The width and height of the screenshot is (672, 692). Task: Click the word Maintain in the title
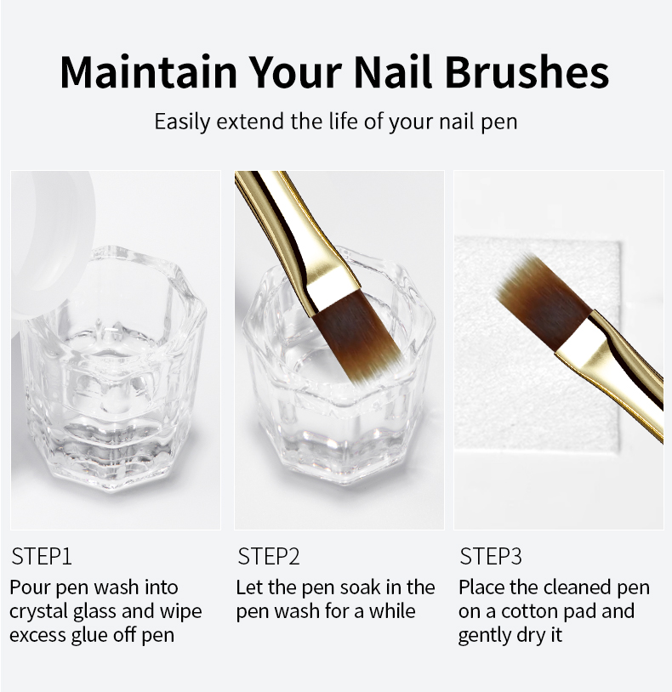(x=149, y=72)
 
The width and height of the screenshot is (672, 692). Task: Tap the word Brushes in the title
(x=527, y=72)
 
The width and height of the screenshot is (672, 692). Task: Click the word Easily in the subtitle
(x=182, y=122)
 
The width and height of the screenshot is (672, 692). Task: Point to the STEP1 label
(x=42, y=556)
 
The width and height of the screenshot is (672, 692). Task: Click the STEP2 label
(x=269, y=556)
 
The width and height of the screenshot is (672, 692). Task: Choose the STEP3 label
(x=491, y=556)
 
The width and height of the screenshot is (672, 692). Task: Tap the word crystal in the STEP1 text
(x=38, y=612)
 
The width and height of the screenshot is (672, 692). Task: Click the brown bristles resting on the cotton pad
(x=541, y=301)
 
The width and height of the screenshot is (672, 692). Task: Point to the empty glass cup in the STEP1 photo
(x=111, y=370)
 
